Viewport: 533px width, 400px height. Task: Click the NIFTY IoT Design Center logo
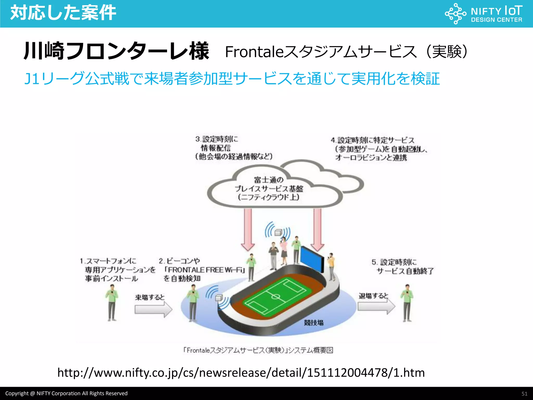[x=484, y=14]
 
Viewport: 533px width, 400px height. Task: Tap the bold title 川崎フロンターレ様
[x=116, y=51]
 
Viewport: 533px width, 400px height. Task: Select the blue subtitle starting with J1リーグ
[x=232, y=78]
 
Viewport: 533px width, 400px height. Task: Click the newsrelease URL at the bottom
[x=241, y=373]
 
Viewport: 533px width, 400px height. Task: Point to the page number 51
[x=524, y=393]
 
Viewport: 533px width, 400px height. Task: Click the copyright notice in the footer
[x=66, y=393]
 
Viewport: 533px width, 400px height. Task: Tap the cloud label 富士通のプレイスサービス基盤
[x=269, y=188]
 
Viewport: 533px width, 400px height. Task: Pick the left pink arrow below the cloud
[x=248, y=229]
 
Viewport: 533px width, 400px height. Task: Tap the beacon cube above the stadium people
[x=278, y=232]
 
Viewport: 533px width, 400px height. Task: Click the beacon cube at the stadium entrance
[x=219, y=298]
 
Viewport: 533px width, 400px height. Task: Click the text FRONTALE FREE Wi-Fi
[x=205, y=270]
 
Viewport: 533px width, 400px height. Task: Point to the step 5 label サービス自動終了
[x=405, y=271]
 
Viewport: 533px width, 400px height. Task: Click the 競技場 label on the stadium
[x=313, y=323]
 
